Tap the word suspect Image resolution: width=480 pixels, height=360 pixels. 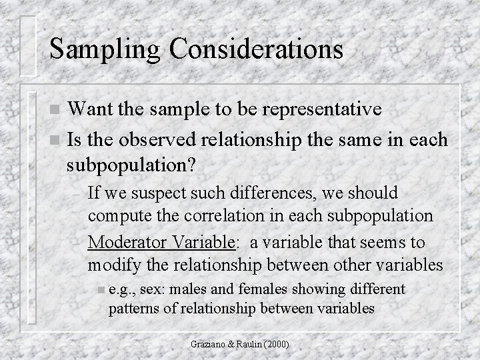tap(159, 193)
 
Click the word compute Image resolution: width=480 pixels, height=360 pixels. tap(117, 216)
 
